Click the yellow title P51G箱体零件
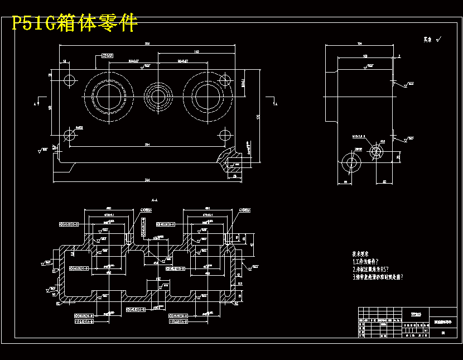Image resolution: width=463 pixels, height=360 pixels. click(75, 23)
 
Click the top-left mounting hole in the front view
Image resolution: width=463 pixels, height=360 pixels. click(70, 79)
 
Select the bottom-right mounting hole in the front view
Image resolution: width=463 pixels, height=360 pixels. click(224, 135)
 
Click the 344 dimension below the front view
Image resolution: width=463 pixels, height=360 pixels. click(147, 180)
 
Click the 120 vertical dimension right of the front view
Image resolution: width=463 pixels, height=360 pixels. click(258, 117)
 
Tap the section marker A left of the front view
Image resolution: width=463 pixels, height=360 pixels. click(36, 104)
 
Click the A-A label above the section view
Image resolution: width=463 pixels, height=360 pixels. click(155, 199)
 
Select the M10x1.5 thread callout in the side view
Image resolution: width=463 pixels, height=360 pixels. click(358, 136)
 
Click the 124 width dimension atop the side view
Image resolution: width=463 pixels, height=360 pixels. click(360, 43)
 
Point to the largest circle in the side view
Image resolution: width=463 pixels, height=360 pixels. click(352, 162)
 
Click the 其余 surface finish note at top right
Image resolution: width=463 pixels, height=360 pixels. click(428, 40)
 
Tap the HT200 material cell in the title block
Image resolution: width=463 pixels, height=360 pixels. click(416, 314)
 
